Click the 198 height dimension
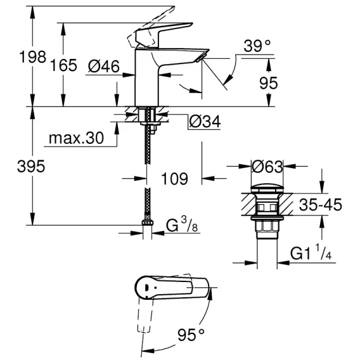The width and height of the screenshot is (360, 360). coord(33,56)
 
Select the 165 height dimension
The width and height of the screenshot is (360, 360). coord(63,65)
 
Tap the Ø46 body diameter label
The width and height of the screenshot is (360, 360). coord(104,67)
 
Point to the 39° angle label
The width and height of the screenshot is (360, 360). coord(257,46)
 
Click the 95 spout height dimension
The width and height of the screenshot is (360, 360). coord(268,83)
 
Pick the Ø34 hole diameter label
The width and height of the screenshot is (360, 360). coord(205,121)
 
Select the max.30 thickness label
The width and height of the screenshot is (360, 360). coord(77,138)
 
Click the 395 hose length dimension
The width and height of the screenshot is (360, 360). coord(31,166)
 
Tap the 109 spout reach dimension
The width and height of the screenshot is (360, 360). coord(175,179)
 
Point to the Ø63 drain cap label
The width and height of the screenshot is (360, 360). coord(267,167)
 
